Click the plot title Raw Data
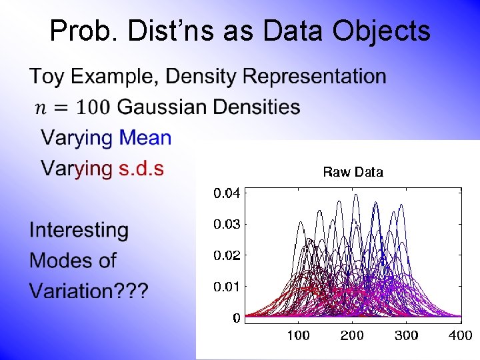[353, 172]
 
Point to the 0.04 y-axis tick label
[227, 193]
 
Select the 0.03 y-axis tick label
[227, 225]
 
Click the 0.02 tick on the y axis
[227, 255]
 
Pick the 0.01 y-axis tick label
[227, 287]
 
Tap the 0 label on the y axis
[236, 318]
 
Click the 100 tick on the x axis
[298, 335]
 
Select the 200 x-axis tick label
[352, 335]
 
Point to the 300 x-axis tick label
[406, 335]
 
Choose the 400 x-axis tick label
[460, 335]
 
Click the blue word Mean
[145, 138]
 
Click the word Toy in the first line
[47, 77]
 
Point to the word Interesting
[79, 231]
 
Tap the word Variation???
[89, 291]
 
